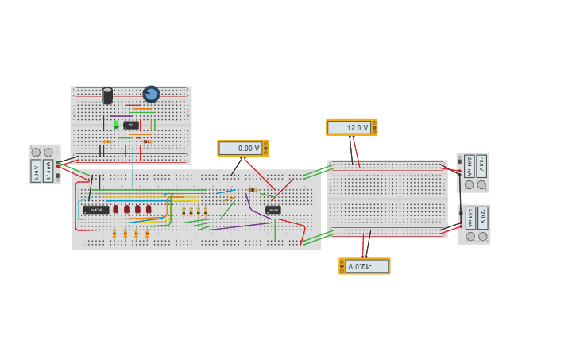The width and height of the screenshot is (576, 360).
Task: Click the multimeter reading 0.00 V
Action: [x=242, y=149]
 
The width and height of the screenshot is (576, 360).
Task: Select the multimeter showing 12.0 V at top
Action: [x=351, y=127]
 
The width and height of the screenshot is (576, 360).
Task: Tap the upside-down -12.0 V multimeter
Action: [x=365, y=266]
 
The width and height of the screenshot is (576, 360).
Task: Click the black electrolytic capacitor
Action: [x=107, y=96]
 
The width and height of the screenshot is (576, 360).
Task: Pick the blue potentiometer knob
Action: [x=151, y=94]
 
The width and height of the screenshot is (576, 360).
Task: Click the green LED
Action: [x=116, y=124]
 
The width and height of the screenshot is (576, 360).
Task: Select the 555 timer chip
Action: [x=131, y=125]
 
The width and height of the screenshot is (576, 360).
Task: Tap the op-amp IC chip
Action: [x=273, y=210]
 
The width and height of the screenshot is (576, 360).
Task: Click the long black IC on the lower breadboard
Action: [x=95, y=210]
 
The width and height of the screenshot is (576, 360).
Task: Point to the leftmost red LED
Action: [x=115, y=209]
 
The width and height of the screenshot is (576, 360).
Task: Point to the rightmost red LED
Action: [x=149, y=209]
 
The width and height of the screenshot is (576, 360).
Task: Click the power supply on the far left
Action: [x=44, y=165]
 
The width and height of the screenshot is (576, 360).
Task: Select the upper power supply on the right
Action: [x=473, y=172]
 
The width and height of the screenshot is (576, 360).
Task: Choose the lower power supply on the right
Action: [x=474, y=225]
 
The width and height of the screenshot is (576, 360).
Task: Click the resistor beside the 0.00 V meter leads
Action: [x=253, y=190]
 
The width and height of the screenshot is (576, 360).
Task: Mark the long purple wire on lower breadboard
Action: [x=238, y=226]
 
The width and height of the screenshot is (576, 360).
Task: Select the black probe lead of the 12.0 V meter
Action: [x=350, y=149]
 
